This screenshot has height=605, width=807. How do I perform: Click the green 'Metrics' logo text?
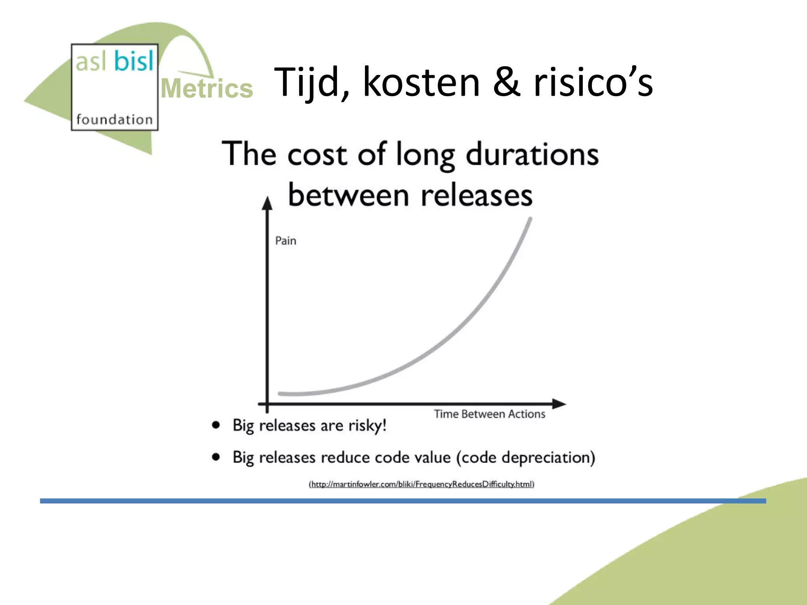click(x=207, y=89)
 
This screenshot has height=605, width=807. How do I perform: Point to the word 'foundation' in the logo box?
click(x=114, y=119)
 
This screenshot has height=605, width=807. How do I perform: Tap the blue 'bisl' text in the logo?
click(x=134, y=61)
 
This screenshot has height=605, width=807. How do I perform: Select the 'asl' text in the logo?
click(x=91, y=62)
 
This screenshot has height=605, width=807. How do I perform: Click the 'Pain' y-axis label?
click(x=286, y=241)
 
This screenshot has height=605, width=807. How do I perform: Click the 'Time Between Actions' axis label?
click(x=489, y=414)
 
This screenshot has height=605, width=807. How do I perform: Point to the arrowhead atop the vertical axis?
click(x=268, y=203)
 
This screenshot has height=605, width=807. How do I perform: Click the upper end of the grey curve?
click(x=530, y=220)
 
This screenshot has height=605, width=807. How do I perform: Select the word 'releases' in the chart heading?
click(x=476, y=196)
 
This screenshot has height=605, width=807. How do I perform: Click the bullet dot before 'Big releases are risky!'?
click(x=216, y=425)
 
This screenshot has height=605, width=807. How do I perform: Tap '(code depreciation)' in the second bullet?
click(x=526, y=458)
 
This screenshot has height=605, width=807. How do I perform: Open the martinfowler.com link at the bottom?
click(x=421, y=484)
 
